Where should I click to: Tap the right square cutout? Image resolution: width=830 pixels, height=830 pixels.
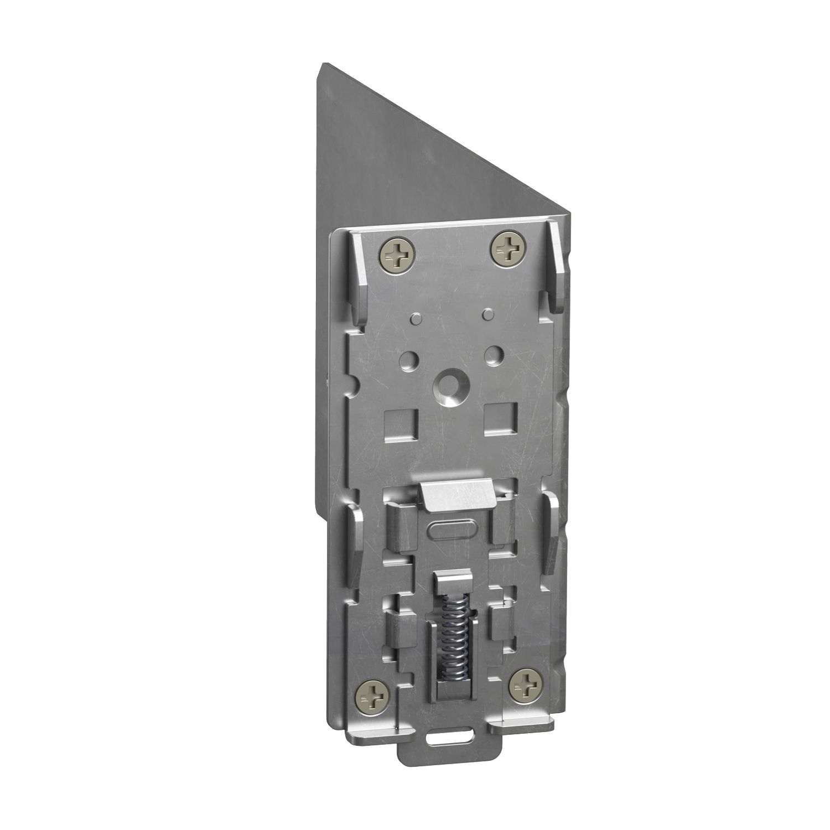[500, 418]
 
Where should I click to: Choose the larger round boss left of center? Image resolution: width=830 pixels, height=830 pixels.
[410, 359]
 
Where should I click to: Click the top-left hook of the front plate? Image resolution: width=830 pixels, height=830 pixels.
[357, 277]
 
